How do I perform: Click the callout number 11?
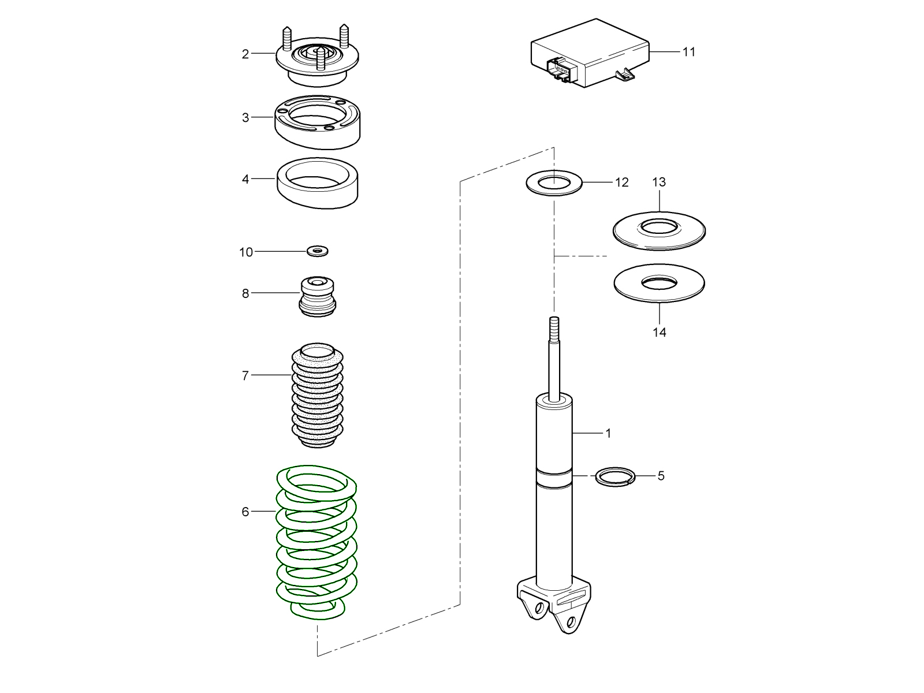(688, 52)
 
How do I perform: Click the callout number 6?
(245, 512)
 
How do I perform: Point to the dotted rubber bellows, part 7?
(317, 398)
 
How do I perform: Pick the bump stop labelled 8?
(318, 297)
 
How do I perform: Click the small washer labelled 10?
(317, 251)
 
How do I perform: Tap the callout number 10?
(246, 252)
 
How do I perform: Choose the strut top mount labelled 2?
(317, 61)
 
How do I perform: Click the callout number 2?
(245, 54)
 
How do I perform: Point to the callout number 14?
(660, 333)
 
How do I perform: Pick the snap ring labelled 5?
(615, 476)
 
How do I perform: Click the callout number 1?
(608, 433)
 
